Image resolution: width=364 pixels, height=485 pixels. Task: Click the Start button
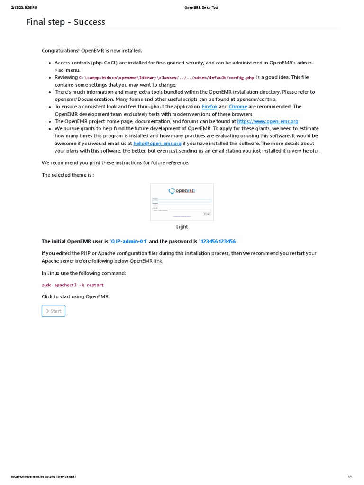point(54,311)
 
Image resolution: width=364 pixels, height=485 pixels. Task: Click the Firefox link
point(209,107)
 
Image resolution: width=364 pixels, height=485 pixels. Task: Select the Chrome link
point(238,107)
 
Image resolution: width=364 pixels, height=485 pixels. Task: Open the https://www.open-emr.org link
point(267,121)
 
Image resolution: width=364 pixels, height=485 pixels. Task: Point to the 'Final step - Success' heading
point(66,22)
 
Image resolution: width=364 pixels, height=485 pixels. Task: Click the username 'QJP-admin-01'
point(129,241)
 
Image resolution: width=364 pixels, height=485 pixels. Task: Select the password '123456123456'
point(218,241)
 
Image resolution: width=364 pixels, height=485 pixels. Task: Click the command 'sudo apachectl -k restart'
point(73,285)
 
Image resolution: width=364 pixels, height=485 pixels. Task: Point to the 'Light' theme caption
point(182,227)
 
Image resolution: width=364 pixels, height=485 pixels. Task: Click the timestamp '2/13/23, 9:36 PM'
point(24,8)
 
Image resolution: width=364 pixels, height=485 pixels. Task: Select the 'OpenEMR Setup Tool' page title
point(201,8)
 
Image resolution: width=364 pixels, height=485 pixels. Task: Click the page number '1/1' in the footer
point(350,476)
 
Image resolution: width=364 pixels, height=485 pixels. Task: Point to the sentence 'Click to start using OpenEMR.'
point(76,296)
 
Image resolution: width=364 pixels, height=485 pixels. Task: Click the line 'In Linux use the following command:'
point(84,273)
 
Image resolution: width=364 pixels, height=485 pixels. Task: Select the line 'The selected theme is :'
point(68,175)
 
